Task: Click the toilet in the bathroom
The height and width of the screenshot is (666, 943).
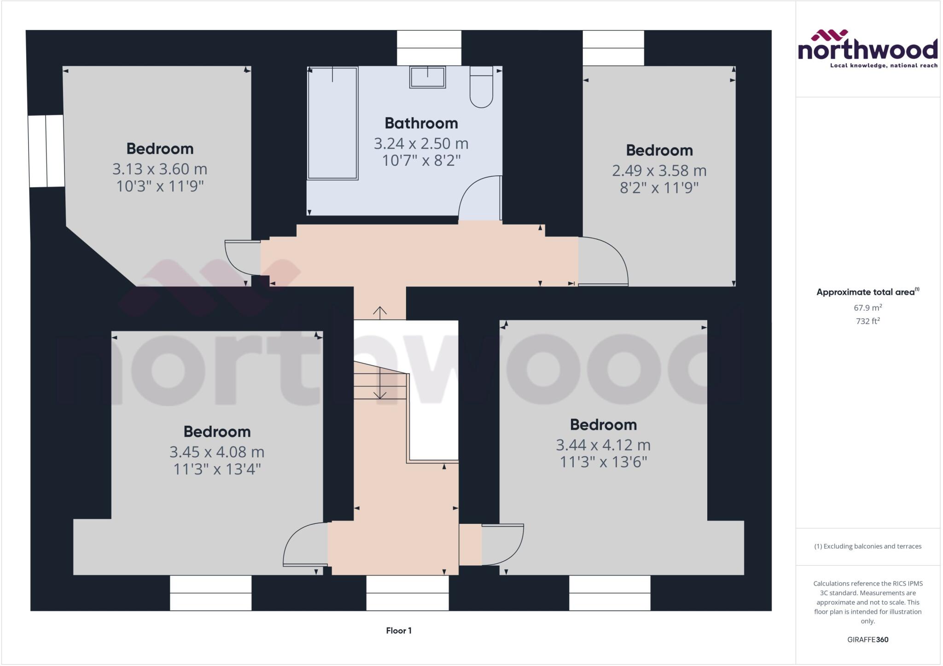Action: (x=481, y=87)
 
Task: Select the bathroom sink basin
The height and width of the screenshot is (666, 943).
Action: (x=427, y=77)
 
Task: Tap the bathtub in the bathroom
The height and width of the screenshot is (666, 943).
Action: (x=332, y=123)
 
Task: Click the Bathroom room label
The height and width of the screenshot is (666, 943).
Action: (x=421, y=123)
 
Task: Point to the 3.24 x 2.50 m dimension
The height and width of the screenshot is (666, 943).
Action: (x=421, y=144)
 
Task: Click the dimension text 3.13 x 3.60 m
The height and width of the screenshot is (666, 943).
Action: (x=160, y=169)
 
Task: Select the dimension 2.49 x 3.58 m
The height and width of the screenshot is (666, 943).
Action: (x=659, y=171)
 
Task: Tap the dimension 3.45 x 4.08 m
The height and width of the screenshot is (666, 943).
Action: (x=217, y=452)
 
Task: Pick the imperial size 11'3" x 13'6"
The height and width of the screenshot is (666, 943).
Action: (x=603, y=462)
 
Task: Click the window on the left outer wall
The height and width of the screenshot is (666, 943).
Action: (x=46, y=151)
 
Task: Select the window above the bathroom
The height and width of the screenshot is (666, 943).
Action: (x=429, y=48)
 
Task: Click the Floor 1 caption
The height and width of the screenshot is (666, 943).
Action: (x=399, y=631)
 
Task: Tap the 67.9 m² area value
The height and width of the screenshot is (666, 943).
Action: (x=867, y=307)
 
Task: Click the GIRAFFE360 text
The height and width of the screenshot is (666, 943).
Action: (x=867, y=639)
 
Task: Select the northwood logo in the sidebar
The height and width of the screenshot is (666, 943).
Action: (x=867, y=49)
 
